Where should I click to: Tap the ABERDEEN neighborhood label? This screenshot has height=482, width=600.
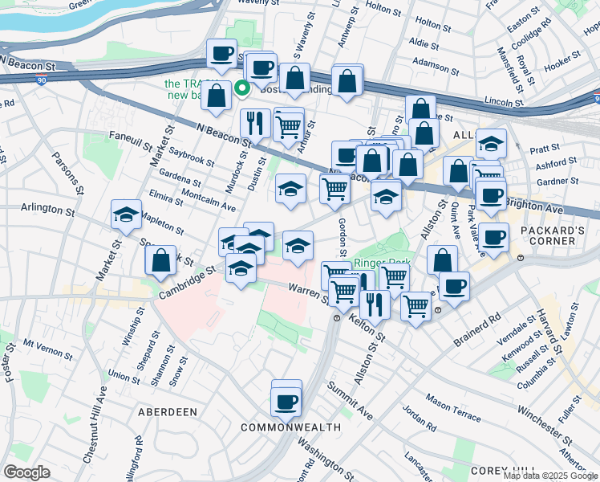click(x=168, y=411)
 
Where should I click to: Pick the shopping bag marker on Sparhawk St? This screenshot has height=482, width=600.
click(x=161, y=259)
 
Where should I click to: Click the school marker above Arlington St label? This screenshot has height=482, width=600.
click(x=126, y=214)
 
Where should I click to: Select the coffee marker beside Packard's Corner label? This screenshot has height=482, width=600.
click(x=495, y=237)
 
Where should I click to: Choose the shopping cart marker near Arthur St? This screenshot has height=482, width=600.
click(x=288, y=125)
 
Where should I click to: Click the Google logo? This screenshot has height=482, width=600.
click(x=26, y=472)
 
